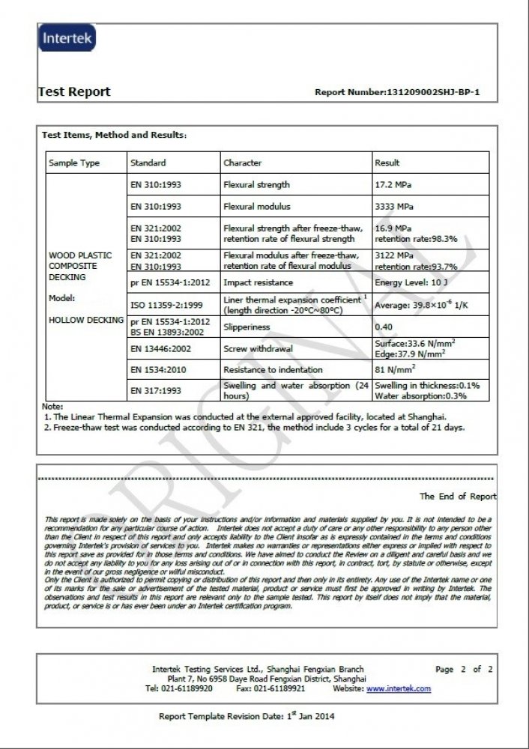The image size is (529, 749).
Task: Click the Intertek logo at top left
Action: click(67, 38)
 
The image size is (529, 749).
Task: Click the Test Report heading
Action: click(74, 92)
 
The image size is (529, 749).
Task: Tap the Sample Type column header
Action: click(74, 163)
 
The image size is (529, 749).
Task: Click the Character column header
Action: click(243, 163)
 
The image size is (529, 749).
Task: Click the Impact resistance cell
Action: click(259, 282)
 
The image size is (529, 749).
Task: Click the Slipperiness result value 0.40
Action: click(384, 327)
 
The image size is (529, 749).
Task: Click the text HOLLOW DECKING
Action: click(86, 320)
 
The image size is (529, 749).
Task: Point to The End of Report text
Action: click(457, 496)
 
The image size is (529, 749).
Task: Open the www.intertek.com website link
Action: click(399, 688)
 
